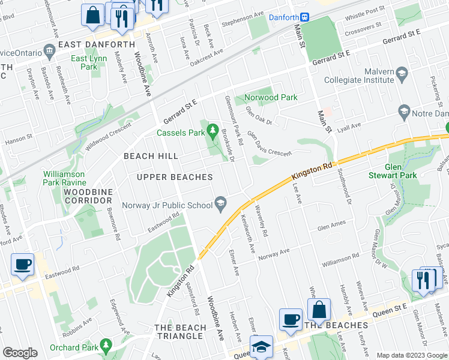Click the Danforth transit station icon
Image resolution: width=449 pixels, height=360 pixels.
(x=305, y=17)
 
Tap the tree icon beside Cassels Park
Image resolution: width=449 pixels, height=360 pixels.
(x=213, y=130)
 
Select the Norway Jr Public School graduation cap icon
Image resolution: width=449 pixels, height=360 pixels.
(x=221, y=205)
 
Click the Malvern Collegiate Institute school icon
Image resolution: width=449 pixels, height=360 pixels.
(x=402, y=75)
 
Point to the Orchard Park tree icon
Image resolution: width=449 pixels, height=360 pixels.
(x=106, y=346)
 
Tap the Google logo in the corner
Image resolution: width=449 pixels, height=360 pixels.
(x=20, y=353)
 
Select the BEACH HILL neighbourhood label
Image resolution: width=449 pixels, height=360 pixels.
(x=151, y=156)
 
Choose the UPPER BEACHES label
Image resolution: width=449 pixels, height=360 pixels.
(x=175, y=177)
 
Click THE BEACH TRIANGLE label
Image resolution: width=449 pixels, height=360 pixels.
(x=179, y=331)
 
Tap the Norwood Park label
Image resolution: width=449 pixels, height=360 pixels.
(x=270, y=97)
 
